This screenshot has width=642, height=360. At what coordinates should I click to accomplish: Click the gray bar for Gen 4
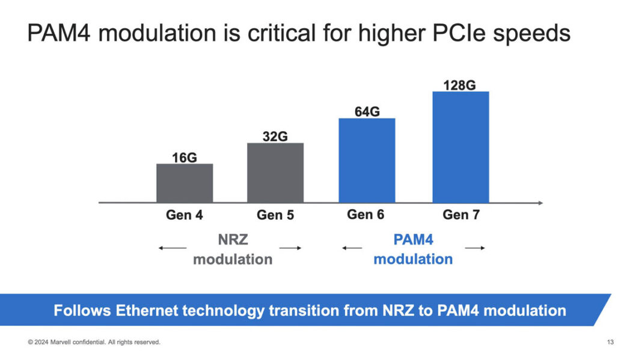[x=185, y=183]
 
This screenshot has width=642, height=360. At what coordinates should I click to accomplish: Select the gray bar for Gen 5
[x=275, y=172]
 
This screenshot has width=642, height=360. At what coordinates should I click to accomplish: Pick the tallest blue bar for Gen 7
[x=460, y=147]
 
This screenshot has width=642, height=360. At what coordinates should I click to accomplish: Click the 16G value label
[x=185, y=158]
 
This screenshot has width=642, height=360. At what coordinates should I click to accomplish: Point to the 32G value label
[x=275, y=136]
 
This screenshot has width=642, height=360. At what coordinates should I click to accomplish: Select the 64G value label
[x=367, y=112]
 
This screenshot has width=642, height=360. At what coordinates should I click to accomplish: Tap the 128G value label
[x=460, y=85]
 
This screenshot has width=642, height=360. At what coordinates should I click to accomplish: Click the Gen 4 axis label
[x=185, y=215]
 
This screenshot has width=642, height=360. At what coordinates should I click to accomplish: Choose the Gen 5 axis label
[x=275, y=215]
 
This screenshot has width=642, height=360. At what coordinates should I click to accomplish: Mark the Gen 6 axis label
[x=365, y=215]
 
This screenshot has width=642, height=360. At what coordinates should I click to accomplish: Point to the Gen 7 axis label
[x=461, y=215]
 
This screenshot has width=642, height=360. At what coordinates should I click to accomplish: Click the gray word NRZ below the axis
[x=233, y=240]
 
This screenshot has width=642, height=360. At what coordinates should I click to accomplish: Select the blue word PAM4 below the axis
[x=413, y=240]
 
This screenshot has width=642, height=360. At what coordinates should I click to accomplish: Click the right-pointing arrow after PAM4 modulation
[x=475, y=248]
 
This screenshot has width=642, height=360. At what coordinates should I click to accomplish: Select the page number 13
[x=610, y=343]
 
